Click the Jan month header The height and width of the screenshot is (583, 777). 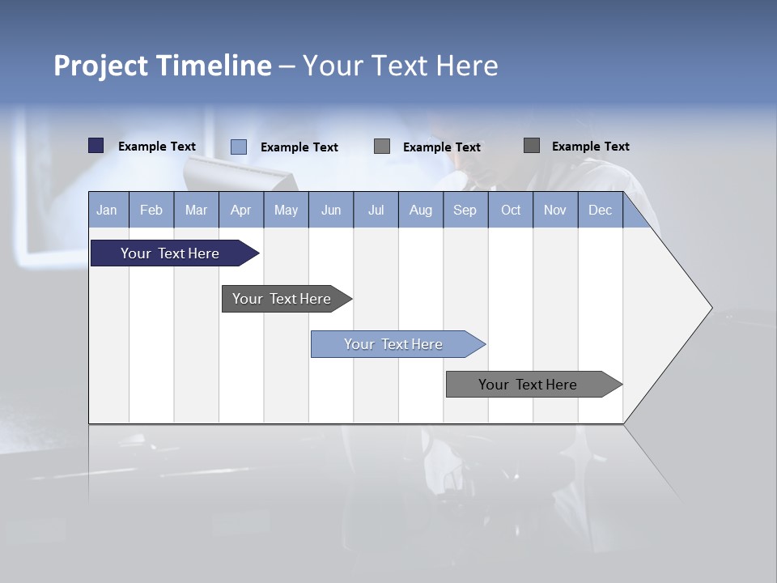tap(108, 210)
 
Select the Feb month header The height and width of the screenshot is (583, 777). tap(151, 210)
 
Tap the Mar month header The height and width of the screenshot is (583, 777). tap(196, 210)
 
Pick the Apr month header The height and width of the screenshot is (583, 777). tap(241, 210)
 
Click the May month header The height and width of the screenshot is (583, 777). tap(286, 210)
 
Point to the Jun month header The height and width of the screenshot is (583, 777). tap(331, 210)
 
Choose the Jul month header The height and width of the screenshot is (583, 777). tap(376, 210)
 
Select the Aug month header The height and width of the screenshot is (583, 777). tap(421, 210)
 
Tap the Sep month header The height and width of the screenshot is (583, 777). tap(465, 210)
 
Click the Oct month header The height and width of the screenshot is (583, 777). tap(511, 210)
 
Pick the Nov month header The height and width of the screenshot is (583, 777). tap(555, 210)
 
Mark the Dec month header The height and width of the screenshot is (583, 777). tap(601, 210)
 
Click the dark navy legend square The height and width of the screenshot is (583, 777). tap(96, 146)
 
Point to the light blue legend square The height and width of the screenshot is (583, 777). tap(239, 147)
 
